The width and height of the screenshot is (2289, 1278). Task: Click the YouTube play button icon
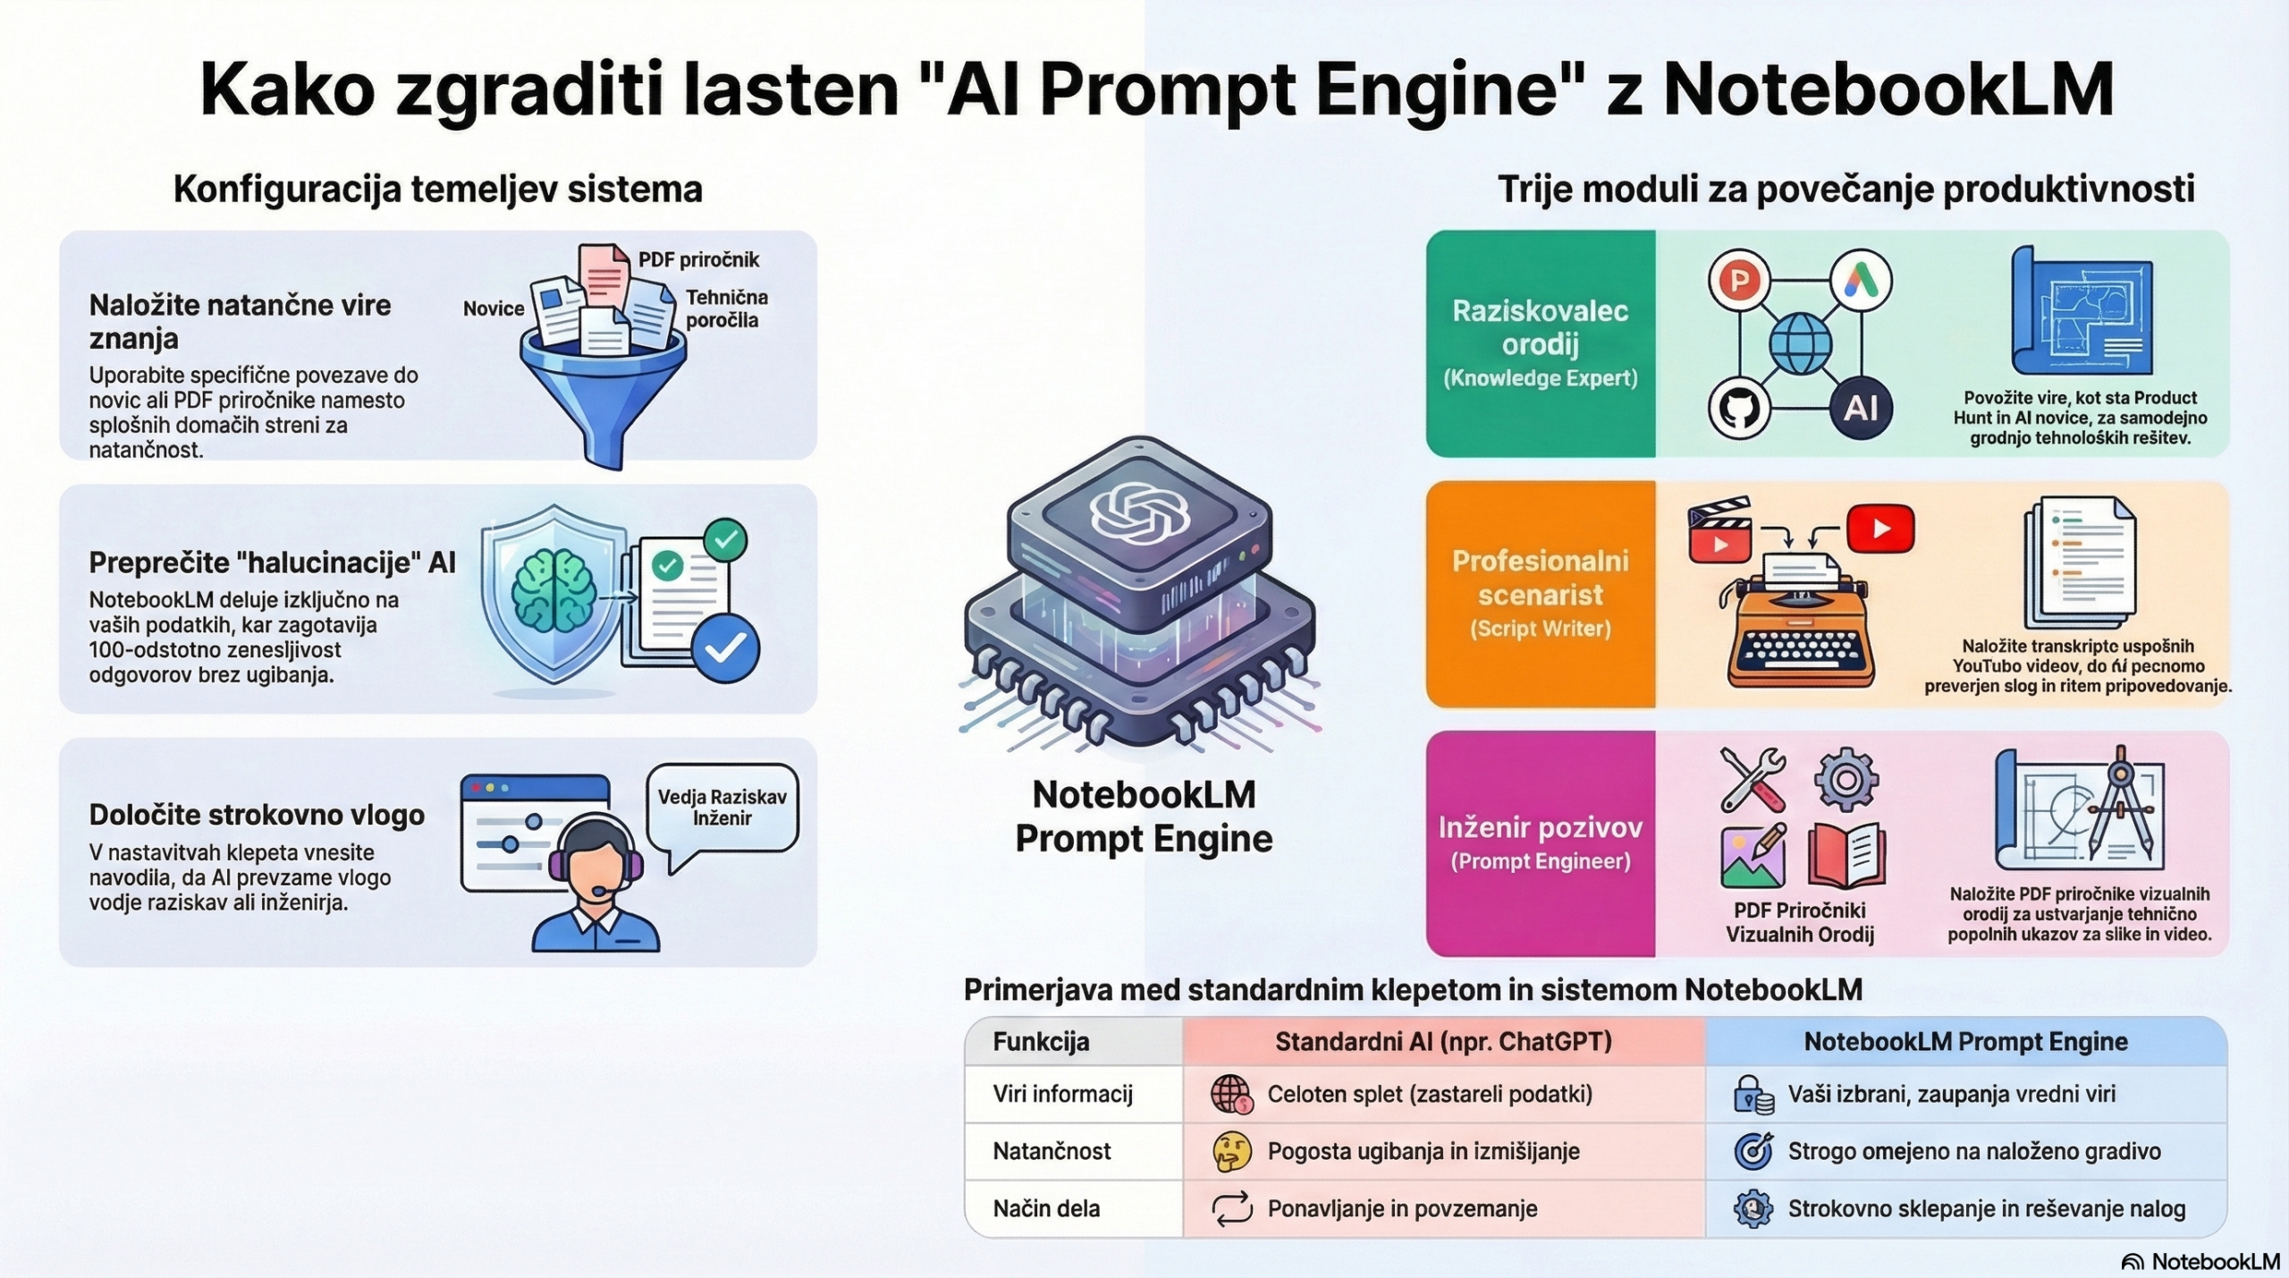1879,529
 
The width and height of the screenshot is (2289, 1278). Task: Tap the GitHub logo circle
1739,409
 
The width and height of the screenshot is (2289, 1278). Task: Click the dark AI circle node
1861,409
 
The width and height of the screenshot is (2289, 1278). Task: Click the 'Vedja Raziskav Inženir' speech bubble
722,808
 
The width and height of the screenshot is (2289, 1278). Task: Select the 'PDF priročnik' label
698,260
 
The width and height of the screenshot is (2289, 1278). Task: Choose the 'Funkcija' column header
1041,1042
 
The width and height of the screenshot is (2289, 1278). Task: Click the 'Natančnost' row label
1052,1151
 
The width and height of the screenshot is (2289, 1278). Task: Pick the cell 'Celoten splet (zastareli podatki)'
1429,1094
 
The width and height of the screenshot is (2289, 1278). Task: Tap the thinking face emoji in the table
1231,1151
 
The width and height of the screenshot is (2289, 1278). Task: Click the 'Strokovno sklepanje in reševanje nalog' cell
1986,1208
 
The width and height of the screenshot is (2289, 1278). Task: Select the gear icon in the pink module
1846,780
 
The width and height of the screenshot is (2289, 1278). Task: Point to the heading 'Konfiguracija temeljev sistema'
437,190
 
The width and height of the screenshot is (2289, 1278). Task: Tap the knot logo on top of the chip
1139,512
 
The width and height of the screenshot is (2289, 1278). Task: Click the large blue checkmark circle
726,647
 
